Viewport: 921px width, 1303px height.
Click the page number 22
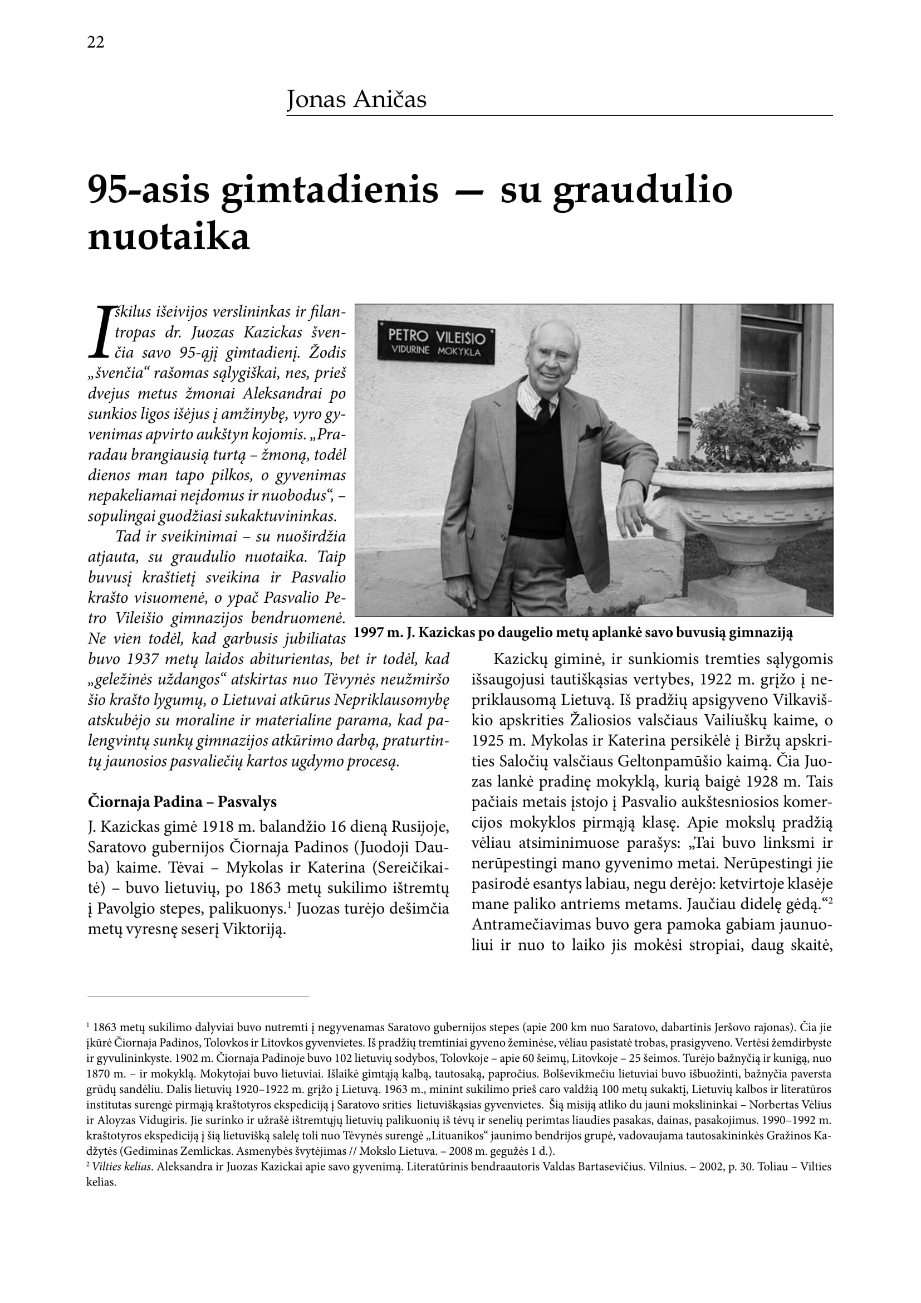95,42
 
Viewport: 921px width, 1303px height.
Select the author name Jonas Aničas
356,100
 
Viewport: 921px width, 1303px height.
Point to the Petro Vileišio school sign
436,343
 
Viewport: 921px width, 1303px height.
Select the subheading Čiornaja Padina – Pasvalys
182,802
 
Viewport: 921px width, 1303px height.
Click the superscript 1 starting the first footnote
89,1026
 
